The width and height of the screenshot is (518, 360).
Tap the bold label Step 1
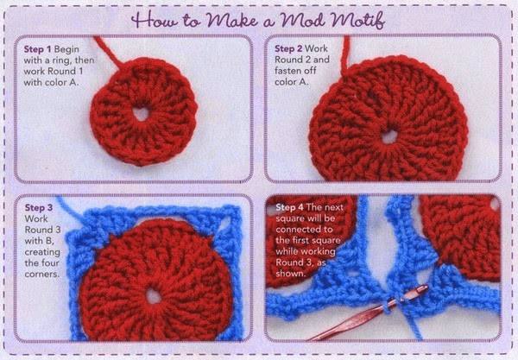click(37, 49)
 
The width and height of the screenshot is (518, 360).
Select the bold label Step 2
click(288, 48)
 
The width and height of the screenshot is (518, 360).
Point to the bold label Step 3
click(39, 207)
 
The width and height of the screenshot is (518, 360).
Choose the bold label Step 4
click(289, 207)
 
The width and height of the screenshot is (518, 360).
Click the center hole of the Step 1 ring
click(142, 114)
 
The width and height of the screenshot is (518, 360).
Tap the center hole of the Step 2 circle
click(389, 136)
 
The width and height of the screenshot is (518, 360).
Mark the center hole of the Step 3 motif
click(154, 296)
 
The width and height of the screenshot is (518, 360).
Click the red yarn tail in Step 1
click(109, 52)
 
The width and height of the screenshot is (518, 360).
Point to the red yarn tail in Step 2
click(345, 54)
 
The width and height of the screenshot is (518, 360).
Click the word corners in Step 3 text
click(42, 275)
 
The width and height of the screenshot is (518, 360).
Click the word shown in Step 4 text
click(290, 274)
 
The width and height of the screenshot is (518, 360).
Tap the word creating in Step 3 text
click(42, 252)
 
